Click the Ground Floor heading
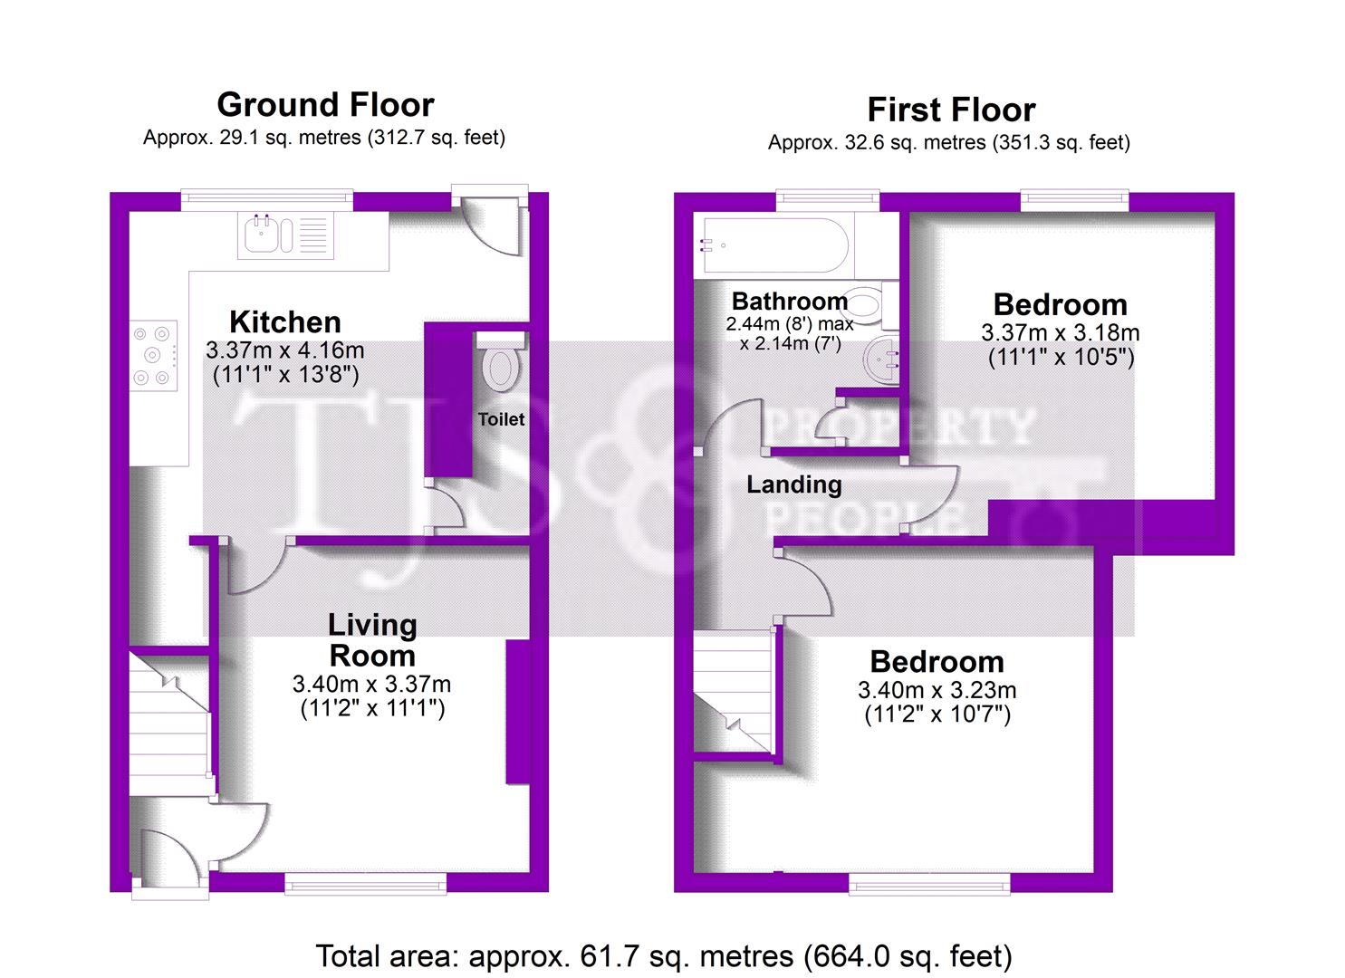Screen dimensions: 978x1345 (325, 105)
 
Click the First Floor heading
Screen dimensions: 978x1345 (951, 110)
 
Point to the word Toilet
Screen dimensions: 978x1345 (501, 419)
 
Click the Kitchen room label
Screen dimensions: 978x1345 (284, 321)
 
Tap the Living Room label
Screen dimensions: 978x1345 (372, 639)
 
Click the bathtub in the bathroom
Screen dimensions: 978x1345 (771, 245)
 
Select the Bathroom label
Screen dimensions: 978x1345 (789, 301)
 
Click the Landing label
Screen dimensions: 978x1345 (793, 484)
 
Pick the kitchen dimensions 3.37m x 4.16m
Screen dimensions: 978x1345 (284, 350)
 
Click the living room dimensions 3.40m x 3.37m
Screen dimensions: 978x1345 (371, 685)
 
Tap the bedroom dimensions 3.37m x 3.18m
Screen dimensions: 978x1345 (1060, 332)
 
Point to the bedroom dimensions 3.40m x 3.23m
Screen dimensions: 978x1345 (937, 690)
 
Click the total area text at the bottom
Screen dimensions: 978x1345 (664, 955)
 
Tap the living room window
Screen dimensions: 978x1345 (365, 884)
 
